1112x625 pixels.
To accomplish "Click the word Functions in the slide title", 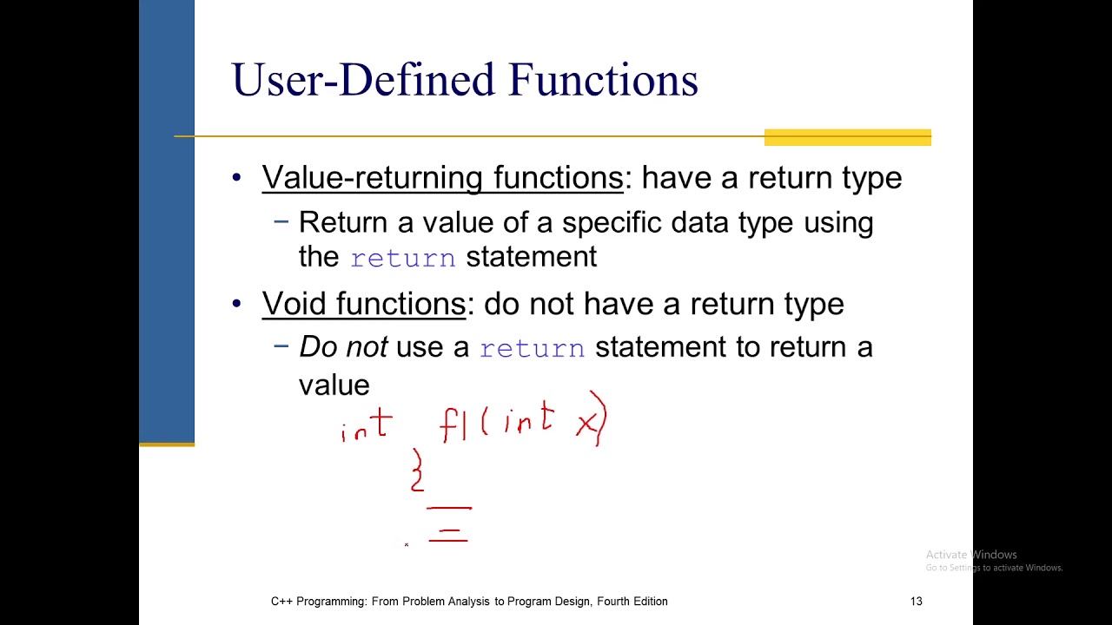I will pos(603,80).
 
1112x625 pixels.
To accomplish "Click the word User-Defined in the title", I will pos(364,80).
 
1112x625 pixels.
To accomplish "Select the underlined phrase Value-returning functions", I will pos(442,178).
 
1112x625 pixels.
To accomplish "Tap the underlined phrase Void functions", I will pos(363,304).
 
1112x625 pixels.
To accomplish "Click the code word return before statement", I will pos(402,259).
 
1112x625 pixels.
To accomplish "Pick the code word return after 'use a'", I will pos(532,348).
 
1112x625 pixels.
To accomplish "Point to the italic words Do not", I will pos(343,347).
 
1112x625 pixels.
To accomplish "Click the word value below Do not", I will pos(334,385).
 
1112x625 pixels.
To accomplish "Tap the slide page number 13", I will pos(916,601).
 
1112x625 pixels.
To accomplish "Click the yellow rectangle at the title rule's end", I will pos(847,137).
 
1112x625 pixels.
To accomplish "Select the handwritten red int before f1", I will pos(367,427).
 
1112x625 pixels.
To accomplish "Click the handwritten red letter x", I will pos(587,424).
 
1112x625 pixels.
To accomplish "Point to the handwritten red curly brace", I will pos(418,470).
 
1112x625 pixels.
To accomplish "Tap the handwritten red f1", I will pos(453,425).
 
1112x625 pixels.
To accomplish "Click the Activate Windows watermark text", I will pos(970,555).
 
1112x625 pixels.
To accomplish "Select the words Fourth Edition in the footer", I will pos(632,601).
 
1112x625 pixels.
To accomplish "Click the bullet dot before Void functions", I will pos(237,304).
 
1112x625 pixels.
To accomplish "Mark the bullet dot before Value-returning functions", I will pos(237,178).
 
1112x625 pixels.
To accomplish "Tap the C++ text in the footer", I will pos(281,601).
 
